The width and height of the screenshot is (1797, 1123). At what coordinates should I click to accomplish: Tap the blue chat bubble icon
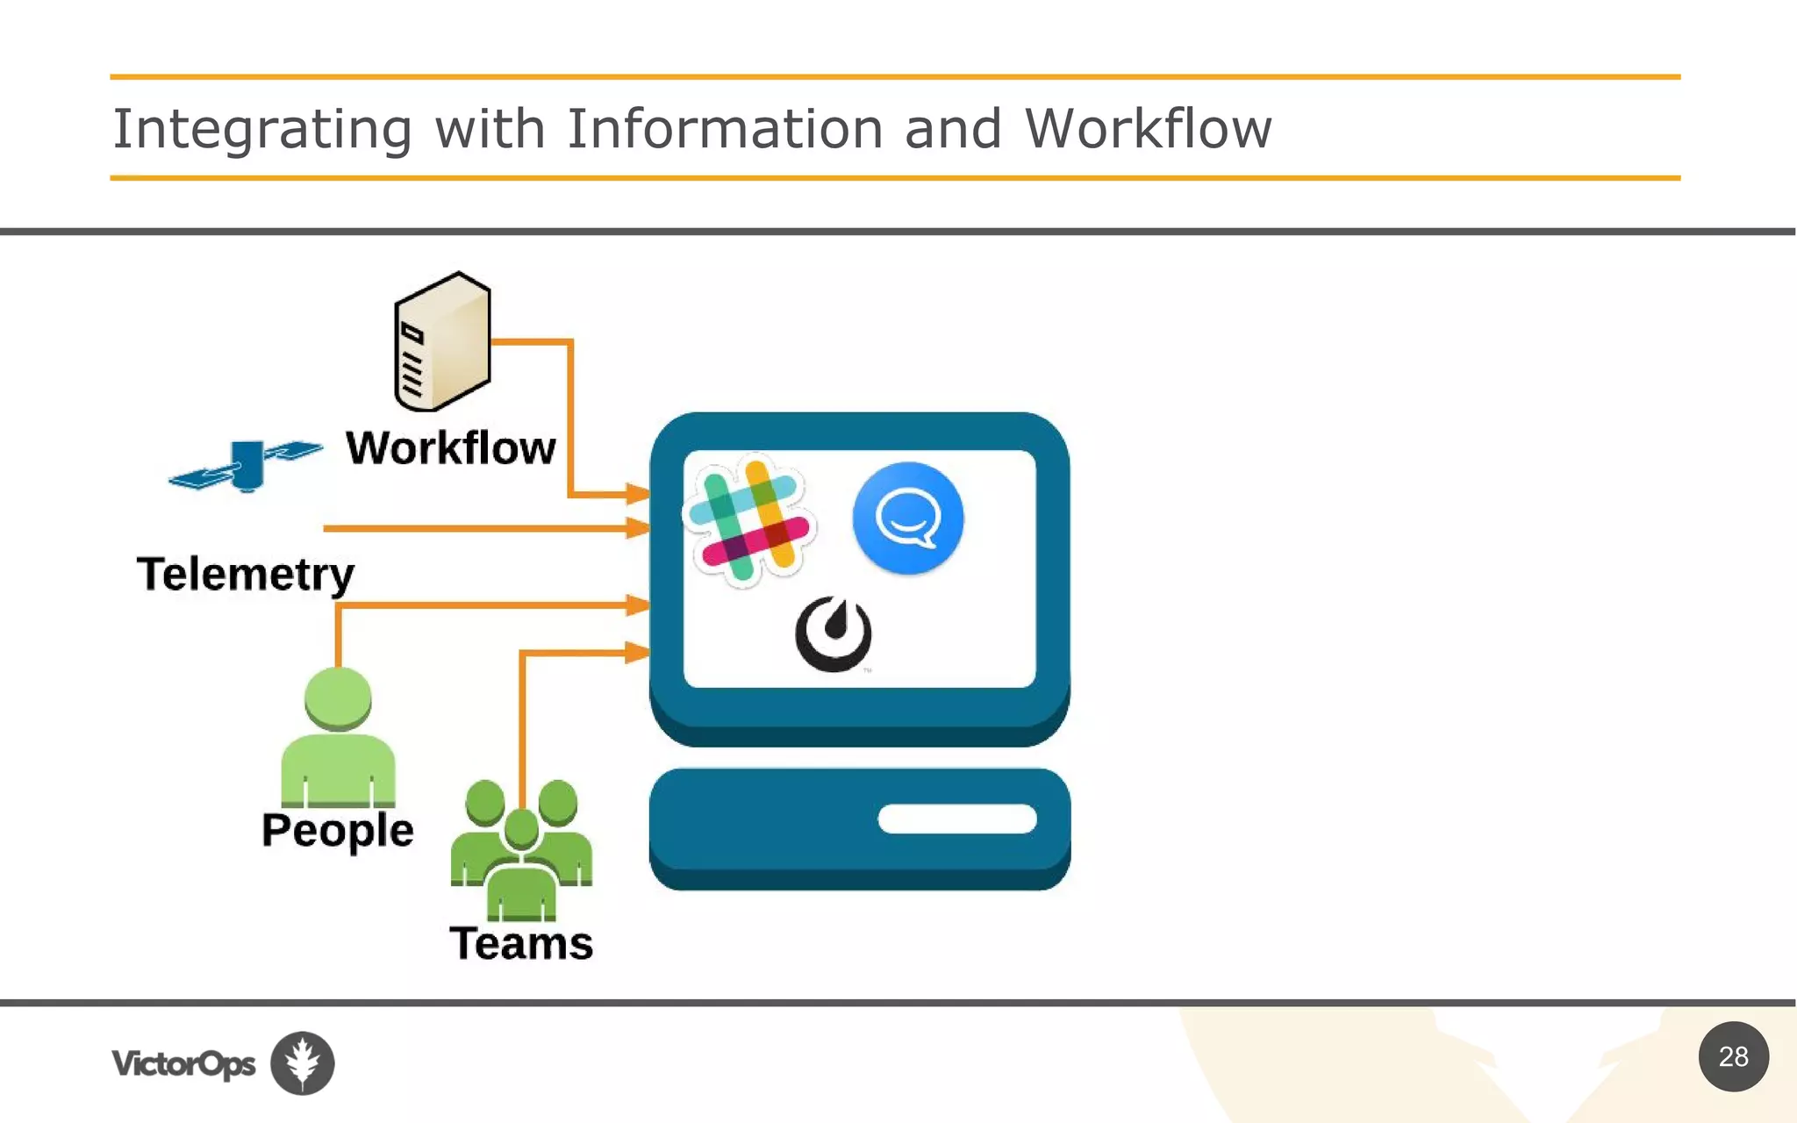click(x=908, y=518)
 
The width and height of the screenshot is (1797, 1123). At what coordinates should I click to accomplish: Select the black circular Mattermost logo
click(x=834, y=633)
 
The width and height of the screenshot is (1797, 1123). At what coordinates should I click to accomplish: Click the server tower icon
click(x=442, y=342)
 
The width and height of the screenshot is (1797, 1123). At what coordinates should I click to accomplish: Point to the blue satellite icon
click(x=246, y=465)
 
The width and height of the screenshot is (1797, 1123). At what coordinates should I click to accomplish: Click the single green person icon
click(x=338, y=737)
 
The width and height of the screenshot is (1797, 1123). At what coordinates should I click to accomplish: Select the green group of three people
click(x=521, y=847)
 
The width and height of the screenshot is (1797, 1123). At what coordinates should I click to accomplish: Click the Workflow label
click(x=451, y=448)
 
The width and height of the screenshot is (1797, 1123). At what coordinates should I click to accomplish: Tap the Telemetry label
click(x=246, y=575)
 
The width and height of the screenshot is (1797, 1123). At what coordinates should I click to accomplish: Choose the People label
click(x=338, y=830)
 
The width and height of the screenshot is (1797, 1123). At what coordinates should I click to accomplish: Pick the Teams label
click(x=521, y=944)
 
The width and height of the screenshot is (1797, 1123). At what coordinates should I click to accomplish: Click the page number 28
click(x=1733, y=1056)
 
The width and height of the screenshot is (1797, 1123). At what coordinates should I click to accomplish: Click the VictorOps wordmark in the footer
click(x=183, y=1063)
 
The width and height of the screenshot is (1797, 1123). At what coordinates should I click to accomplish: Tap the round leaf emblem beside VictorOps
click(x=303, y=1062)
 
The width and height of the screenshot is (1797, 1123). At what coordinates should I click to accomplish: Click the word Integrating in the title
click(x=262, y=129)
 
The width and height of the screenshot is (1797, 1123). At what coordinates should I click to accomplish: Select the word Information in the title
click(x=725, y=129)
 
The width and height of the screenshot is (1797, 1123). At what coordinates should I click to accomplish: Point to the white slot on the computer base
click(x=956, y=819)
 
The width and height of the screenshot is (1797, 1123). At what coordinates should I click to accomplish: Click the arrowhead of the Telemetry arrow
click(x=638, y=528)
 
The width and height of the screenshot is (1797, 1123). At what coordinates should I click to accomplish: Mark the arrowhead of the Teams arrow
click(x=638, y=652)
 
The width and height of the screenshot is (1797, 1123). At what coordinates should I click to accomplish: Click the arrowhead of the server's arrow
click(x=638, y=495)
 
